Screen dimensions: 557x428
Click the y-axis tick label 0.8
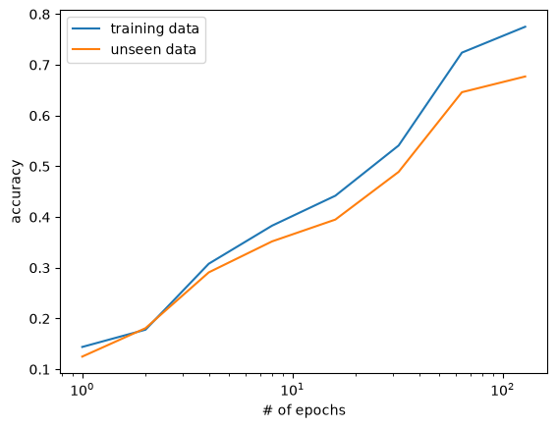[39, 14]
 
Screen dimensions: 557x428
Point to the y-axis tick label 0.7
[39, 66]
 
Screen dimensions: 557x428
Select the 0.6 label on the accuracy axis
[39, 116]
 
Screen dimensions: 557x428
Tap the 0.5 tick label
[39, 167]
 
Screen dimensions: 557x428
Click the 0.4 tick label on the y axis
[39, 217]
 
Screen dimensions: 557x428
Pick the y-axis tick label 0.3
[39, 268]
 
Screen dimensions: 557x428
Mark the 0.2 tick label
[39, 319]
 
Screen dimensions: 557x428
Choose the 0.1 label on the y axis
[39, 369]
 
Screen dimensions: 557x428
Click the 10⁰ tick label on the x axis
[83, 390]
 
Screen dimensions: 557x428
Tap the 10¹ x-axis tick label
[293, 390]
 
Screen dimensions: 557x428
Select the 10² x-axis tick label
[503, 390]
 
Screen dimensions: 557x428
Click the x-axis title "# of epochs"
[305, 410]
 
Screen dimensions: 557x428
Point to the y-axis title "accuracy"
[16, 191]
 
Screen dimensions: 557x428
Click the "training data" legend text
[155, 28]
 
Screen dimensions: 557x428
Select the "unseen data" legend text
[153, 49]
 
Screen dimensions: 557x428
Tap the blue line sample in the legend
[86, 28]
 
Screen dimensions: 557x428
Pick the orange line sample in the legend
[86, 49]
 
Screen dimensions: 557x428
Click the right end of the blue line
[526, 27]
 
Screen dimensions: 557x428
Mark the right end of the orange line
[526, 77]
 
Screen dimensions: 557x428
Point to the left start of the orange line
[83, 356]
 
